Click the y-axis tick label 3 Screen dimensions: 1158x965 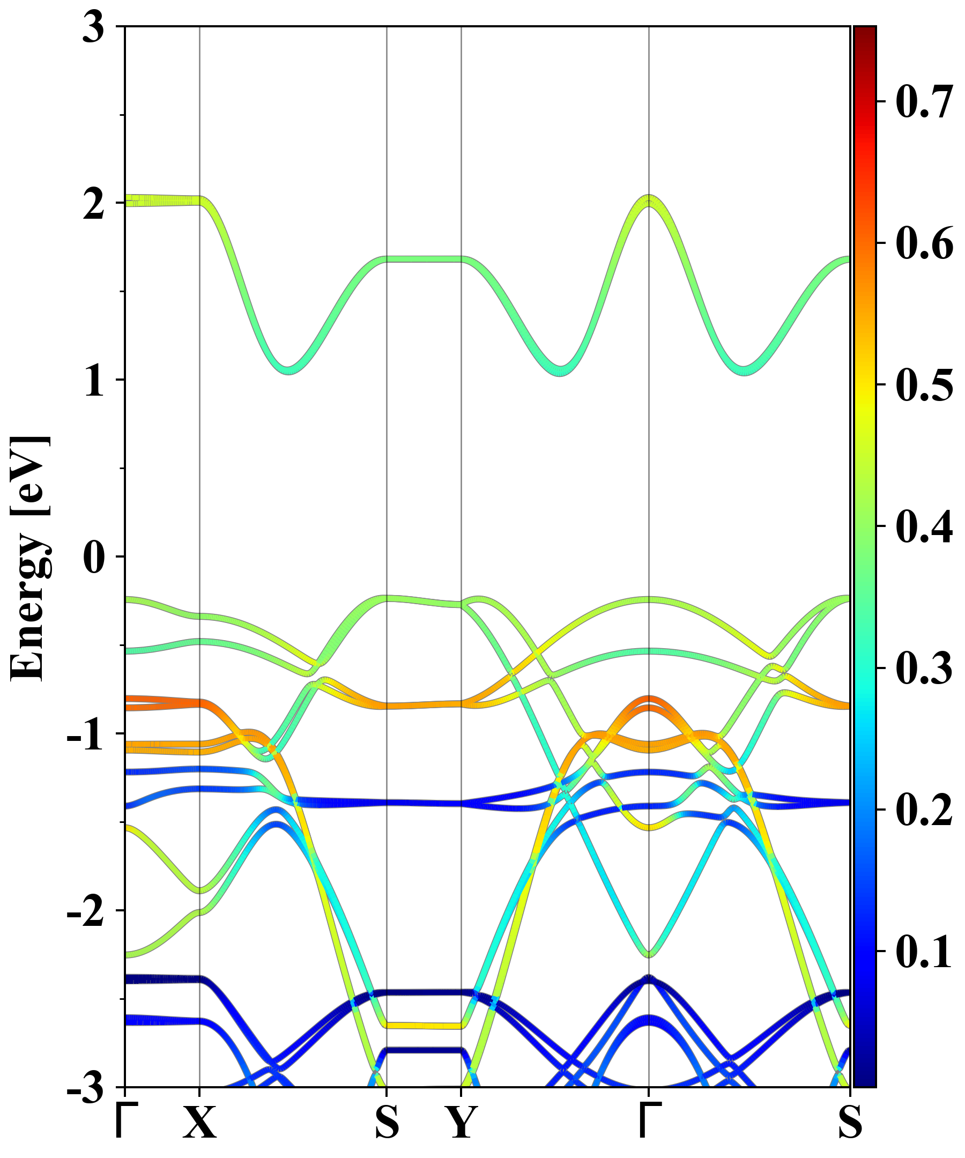(93, 27)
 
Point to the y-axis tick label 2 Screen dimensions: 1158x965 (93, 205)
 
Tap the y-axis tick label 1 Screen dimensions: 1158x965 (93, 382)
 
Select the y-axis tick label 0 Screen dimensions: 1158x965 (93, 558)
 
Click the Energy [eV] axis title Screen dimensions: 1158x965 (31, 557)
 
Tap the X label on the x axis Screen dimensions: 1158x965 (199, 1122)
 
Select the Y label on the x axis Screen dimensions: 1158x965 (462, 1122)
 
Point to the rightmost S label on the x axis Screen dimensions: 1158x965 (850, 1122)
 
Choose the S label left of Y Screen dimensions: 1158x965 (387, 1122)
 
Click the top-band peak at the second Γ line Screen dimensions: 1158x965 (649, 200)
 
